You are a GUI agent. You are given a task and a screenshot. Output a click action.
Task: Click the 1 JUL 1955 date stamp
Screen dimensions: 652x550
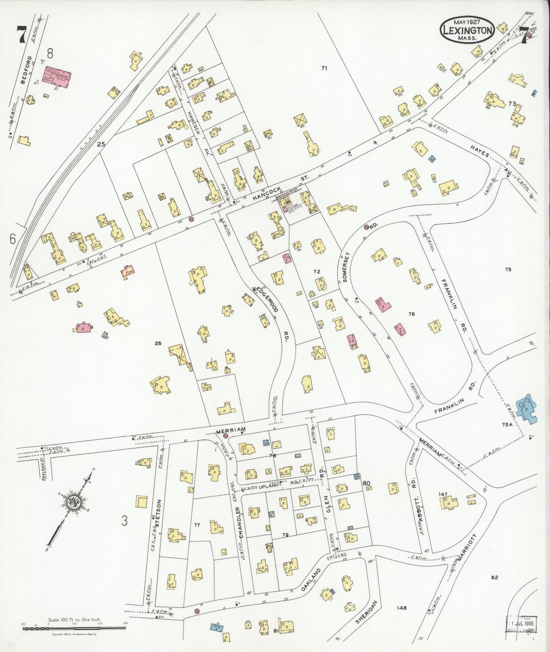pos(521,624)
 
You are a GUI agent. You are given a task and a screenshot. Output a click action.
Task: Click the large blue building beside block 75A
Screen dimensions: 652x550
pos(527,409)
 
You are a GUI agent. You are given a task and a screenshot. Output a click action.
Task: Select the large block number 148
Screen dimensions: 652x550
pos(401,607)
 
